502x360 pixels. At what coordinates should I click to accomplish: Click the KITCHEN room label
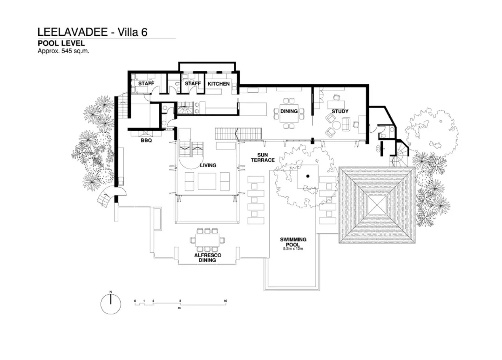218,84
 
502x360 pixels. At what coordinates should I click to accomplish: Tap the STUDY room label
339,111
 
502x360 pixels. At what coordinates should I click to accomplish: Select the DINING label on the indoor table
289,111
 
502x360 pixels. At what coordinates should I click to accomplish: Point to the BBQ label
146,139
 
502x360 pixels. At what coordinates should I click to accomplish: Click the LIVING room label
208,165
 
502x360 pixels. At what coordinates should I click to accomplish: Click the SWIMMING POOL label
293,242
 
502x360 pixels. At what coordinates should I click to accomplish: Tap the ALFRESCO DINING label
207,258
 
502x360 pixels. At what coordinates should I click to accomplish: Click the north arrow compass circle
111,305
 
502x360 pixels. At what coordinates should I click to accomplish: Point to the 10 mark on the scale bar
225,301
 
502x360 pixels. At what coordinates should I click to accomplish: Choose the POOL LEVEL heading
61,43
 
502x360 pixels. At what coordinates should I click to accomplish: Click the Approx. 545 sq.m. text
63,51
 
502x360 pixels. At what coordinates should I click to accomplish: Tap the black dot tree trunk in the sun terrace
308,177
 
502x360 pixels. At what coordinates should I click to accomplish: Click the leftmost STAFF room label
146,84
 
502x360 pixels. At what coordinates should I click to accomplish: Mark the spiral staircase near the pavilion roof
399,159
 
